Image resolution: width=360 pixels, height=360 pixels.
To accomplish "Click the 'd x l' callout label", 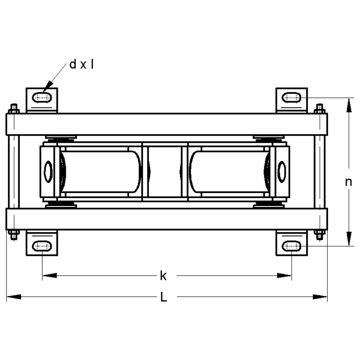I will [x=82, y=64].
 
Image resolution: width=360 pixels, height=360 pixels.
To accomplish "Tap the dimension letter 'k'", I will [x=163, y=275].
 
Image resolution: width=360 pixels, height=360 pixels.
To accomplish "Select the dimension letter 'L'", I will [x=163, y=297].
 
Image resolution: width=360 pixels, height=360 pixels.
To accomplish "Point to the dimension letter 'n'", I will [x=348, y=182].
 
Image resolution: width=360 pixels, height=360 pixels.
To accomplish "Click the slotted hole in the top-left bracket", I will [x=42, y=98].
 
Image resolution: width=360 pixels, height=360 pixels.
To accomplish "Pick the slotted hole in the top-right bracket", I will [x=292, y=98].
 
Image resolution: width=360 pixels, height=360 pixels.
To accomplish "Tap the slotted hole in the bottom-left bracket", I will [x=42, y=246].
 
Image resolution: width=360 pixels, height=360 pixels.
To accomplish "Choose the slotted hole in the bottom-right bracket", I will [x=292, y=246].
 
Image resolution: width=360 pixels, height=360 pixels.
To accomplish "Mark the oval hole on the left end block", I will [x=48, y=171].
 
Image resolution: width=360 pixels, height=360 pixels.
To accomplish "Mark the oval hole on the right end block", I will [x=282, y=171].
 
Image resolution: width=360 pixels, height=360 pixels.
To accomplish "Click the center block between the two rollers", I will [x=165, y=171].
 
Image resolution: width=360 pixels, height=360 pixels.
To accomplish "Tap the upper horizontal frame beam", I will [x=166, y=124].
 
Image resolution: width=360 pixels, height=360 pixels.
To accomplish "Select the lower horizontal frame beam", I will [x=166, y=219].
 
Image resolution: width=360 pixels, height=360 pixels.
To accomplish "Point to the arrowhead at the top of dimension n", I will [x=348, y=105].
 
